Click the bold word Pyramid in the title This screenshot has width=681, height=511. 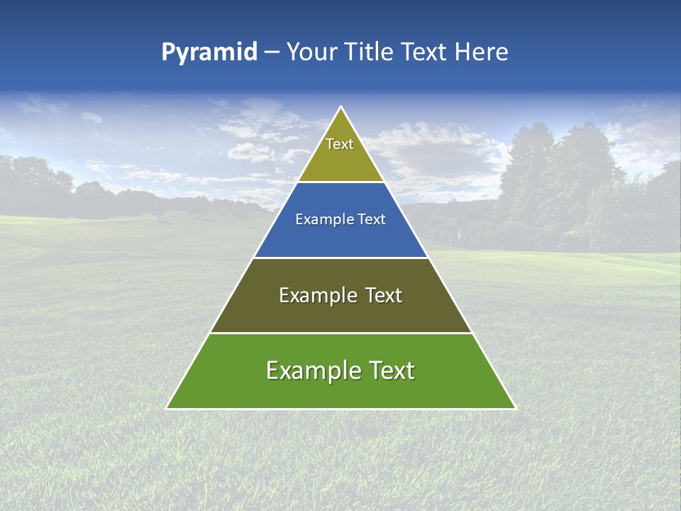click(209, 53)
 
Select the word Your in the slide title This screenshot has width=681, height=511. click(311, 53)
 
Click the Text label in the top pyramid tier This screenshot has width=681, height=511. click(340, 144)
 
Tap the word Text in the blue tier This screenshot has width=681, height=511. click(372, 220)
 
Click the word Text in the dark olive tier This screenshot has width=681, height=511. click(384, 295)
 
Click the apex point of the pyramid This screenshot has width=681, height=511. click(340, 107)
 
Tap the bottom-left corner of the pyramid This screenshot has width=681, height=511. click(167, 408)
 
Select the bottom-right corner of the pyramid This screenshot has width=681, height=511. click(515, 408)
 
